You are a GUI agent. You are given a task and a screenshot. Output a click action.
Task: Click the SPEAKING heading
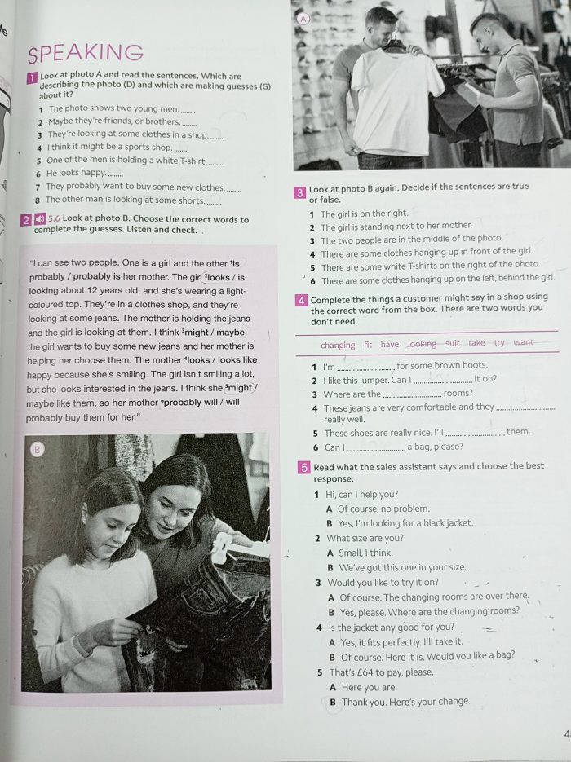(86, 53)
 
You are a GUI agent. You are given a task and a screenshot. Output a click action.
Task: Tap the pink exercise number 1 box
(32, 77)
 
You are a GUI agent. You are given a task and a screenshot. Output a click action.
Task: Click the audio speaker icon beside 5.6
(40, 219)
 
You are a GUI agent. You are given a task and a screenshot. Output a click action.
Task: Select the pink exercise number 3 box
(300, 193)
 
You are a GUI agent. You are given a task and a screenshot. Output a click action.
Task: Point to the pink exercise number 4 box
(301, 301)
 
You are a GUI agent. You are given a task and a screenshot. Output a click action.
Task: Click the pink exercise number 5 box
(304, 468)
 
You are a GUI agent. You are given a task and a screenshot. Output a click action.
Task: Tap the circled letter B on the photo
(37, 450)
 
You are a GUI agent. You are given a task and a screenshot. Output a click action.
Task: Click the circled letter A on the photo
(303, 19)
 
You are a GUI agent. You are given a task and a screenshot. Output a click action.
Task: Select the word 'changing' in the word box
(338, 345)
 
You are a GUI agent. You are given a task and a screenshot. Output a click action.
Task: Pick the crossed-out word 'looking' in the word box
(422, 344)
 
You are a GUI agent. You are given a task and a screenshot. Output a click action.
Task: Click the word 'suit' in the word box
(453, 343)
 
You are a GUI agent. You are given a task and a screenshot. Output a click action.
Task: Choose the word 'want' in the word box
(524, 342)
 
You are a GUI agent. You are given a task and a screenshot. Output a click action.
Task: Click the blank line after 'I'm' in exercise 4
(365, 368)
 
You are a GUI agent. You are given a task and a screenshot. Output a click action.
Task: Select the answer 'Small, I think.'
(365, 553)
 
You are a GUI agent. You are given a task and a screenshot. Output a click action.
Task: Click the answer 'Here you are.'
(370, 687)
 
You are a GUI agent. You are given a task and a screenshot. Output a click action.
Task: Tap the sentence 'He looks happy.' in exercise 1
(77, 173)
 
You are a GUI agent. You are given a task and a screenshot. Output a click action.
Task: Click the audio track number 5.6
(54, 218)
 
